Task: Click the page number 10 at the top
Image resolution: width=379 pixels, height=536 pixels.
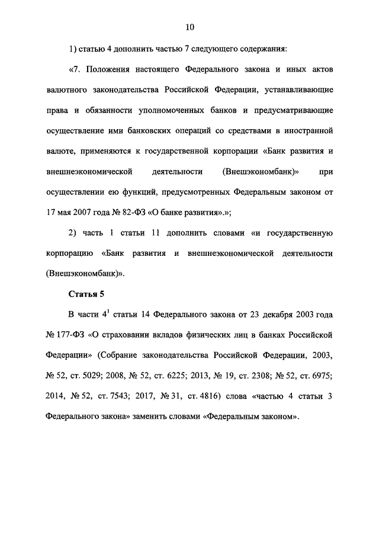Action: click(x=189, y=27)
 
